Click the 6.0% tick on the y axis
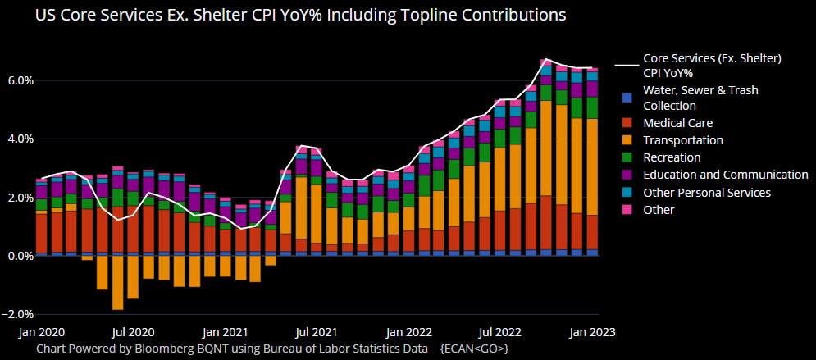click(x=20, y=80)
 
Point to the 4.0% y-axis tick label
click(x=20, y=139)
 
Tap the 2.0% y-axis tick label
click(x=20, y=198)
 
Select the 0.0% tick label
click(x=20, y=256)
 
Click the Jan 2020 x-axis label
click(x=42, y=333)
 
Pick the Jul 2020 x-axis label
click(x=133, y=333)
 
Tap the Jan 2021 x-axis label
click(x=225, y=333)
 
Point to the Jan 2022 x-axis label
click(x=408, y=333)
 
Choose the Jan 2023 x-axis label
click(x=592, y=333)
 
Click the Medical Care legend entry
click(x=677, y=123)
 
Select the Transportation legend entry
click(x=682, y=140)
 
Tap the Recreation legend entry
click(x=672, y=157)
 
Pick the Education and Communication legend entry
click(x=725, y=175)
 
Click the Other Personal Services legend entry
click(x=707, y=193)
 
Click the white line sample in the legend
click(x=627, y=66)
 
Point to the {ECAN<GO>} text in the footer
click(x=475, y=349)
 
